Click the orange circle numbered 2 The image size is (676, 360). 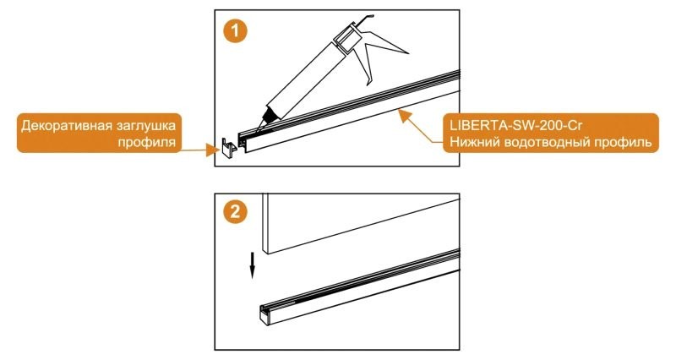(x=236, y=213)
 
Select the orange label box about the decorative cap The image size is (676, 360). (x=101, y=134)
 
